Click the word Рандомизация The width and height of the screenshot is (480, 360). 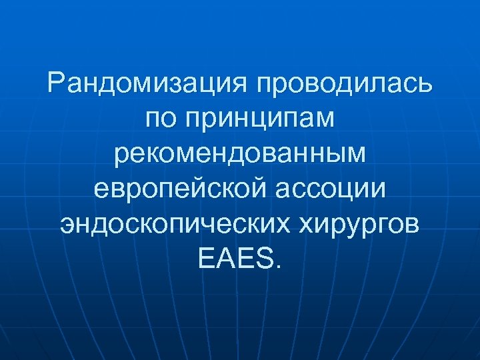(x=147, y=85)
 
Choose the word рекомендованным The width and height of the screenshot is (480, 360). (x=240, y=154)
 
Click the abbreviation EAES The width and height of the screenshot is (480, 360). (x=235, y=257)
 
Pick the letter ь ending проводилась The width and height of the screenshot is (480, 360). (x=425, y=85)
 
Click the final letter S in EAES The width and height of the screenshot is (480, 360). (x=263, y=257)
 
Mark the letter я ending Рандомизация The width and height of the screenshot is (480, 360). (x=239, y=85)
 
